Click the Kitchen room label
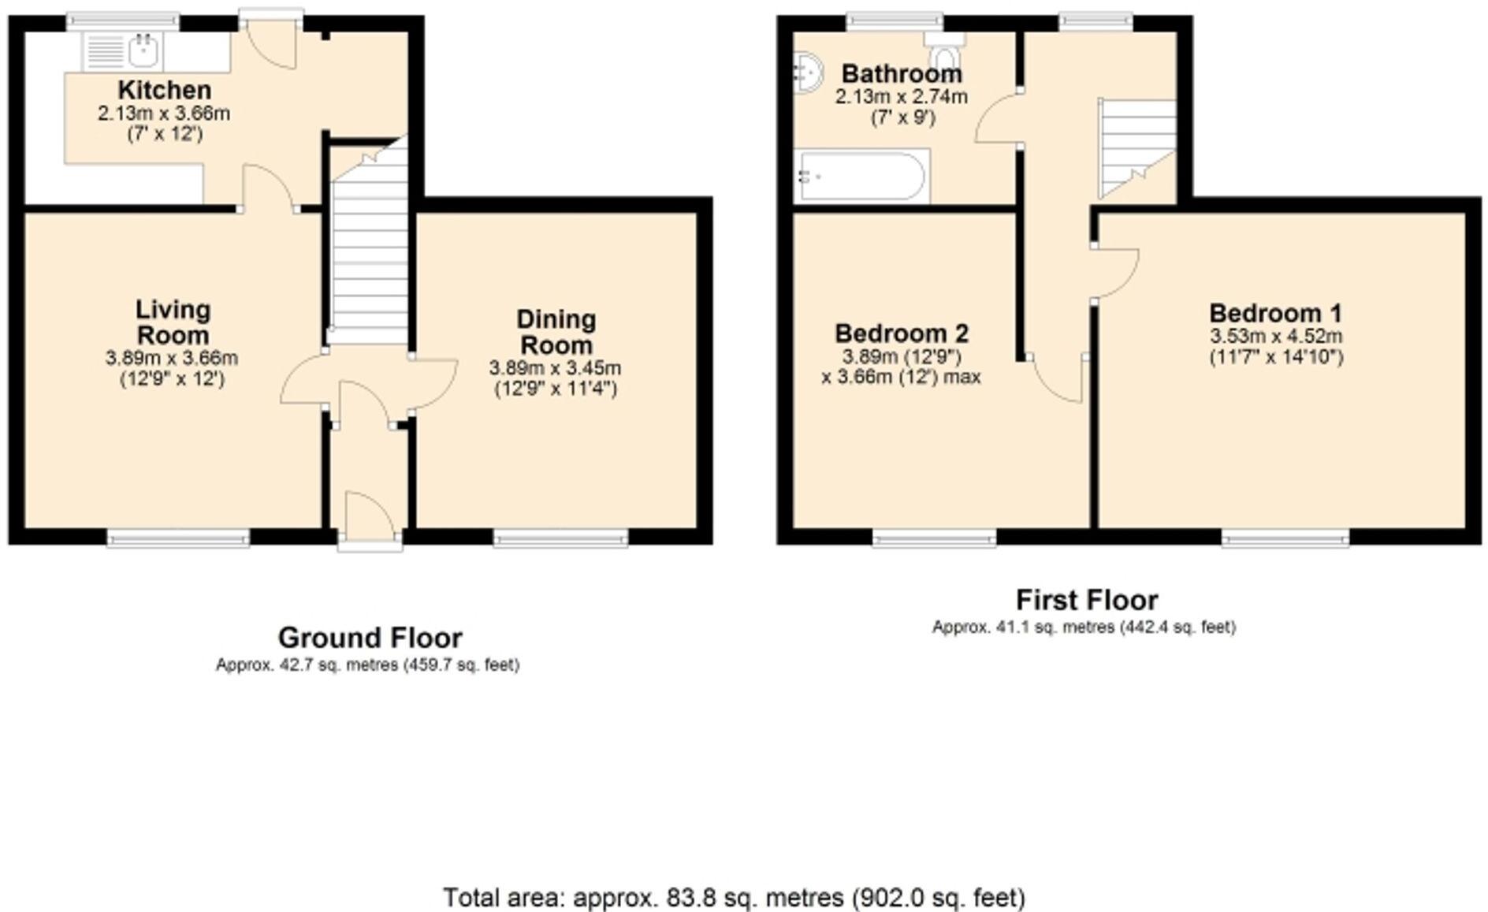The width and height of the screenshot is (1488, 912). click(x=165, y=89)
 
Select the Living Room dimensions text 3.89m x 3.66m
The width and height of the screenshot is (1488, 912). click(x=172, y=359)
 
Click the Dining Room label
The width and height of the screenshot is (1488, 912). click(x=556, y=332)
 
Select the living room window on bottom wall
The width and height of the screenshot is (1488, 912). click(x=178, y=538)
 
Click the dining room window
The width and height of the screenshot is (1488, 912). click(x=561, y=538)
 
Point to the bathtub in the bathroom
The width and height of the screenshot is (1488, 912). click(x=861, y=176)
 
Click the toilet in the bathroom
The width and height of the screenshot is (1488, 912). click(x=943, y=56)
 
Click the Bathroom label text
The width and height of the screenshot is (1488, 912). click(x=902, y=73)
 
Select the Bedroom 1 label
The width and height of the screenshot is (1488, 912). click(x=1276, y=313)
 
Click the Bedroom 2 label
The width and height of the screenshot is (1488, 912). click(x=902, y=333)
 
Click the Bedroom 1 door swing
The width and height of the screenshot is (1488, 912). click(x=1115, y=272)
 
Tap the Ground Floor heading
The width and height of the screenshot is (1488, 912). click(x=370, y=637)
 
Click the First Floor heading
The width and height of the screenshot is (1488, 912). click(x=1086, y=600)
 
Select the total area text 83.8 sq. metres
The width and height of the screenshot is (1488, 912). click(x=734, y=897)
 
